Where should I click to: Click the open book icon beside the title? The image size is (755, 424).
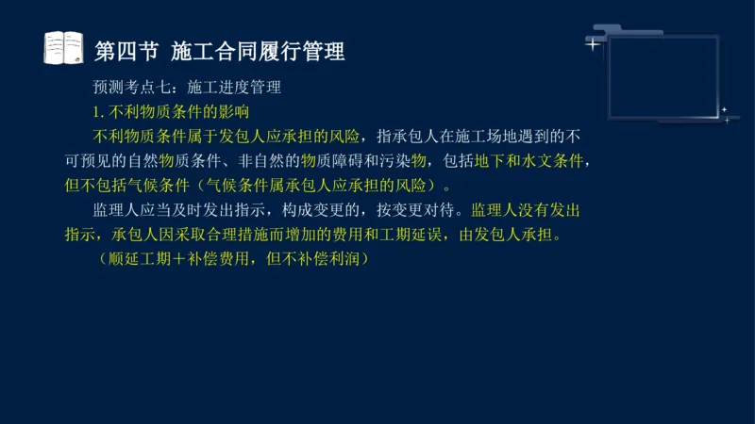pyautogui.click(x=64, y=47)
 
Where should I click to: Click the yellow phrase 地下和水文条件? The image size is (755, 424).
pyautogui.click(x=530, y=159)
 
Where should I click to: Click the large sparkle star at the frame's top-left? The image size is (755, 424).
pyautogui.click(x=593, y=43)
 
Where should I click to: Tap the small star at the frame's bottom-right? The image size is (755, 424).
pyautogui.click(x=725, y=110)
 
